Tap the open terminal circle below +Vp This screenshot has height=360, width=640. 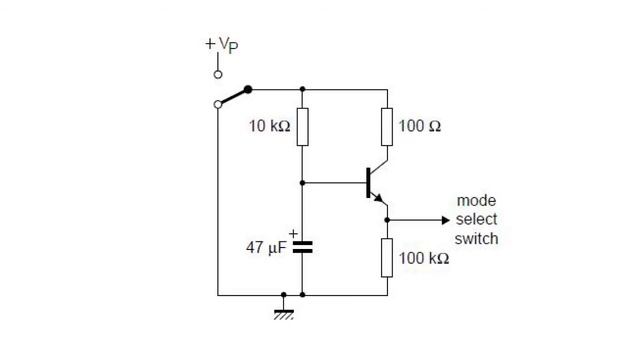[x=218, y=74]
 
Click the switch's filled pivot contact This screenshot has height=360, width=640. [x=248, y=89]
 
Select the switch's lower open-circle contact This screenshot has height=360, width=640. [x=218, y=104]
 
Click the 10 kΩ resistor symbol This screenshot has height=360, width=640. [x=302, y=127]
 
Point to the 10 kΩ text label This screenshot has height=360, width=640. [x=269, y=127]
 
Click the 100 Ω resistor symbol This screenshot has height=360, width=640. [x=386, y=127]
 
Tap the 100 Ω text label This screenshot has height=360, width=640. [x=420, y=127]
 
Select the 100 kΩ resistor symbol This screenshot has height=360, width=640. [x=386, y=258]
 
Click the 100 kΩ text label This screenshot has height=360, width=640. [x=424, y=258]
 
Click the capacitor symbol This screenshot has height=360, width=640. [x=302, y=246]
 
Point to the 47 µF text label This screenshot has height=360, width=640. [x=267, y=246]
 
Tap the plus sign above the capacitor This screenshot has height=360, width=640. [x=293, y=232]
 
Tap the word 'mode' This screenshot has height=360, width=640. [x=476, y=201]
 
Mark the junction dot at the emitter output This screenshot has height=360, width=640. [x=386, y=220]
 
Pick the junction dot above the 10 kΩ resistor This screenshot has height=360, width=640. [x=302, y=89]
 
